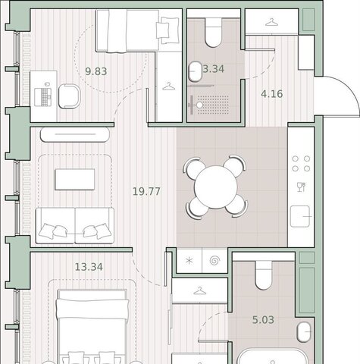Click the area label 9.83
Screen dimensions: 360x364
96,71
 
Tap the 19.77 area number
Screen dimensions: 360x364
146,192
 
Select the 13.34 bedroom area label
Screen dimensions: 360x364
89,267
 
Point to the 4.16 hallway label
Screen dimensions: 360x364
272,94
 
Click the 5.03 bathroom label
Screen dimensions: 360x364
263,320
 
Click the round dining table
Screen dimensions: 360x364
216,187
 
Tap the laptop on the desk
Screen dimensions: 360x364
43,96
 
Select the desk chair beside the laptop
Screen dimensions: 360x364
70,96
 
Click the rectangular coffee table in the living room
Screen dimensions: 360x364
75,180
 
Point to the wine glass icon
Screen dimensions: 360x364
301,187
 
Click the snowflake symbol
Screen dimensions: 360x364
189,261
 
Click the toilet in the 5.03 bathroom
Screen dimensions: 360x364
264,275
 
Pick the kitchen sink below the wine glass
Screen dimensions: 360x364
300,216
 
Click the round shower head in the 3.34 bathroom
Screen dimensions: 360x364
199,105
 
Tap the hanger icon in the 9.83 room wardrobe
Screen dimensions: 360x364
169,86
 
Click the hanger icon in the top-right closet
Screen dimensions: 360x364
271,22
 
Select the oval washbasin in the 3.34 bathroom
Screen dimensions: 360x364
195,71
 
